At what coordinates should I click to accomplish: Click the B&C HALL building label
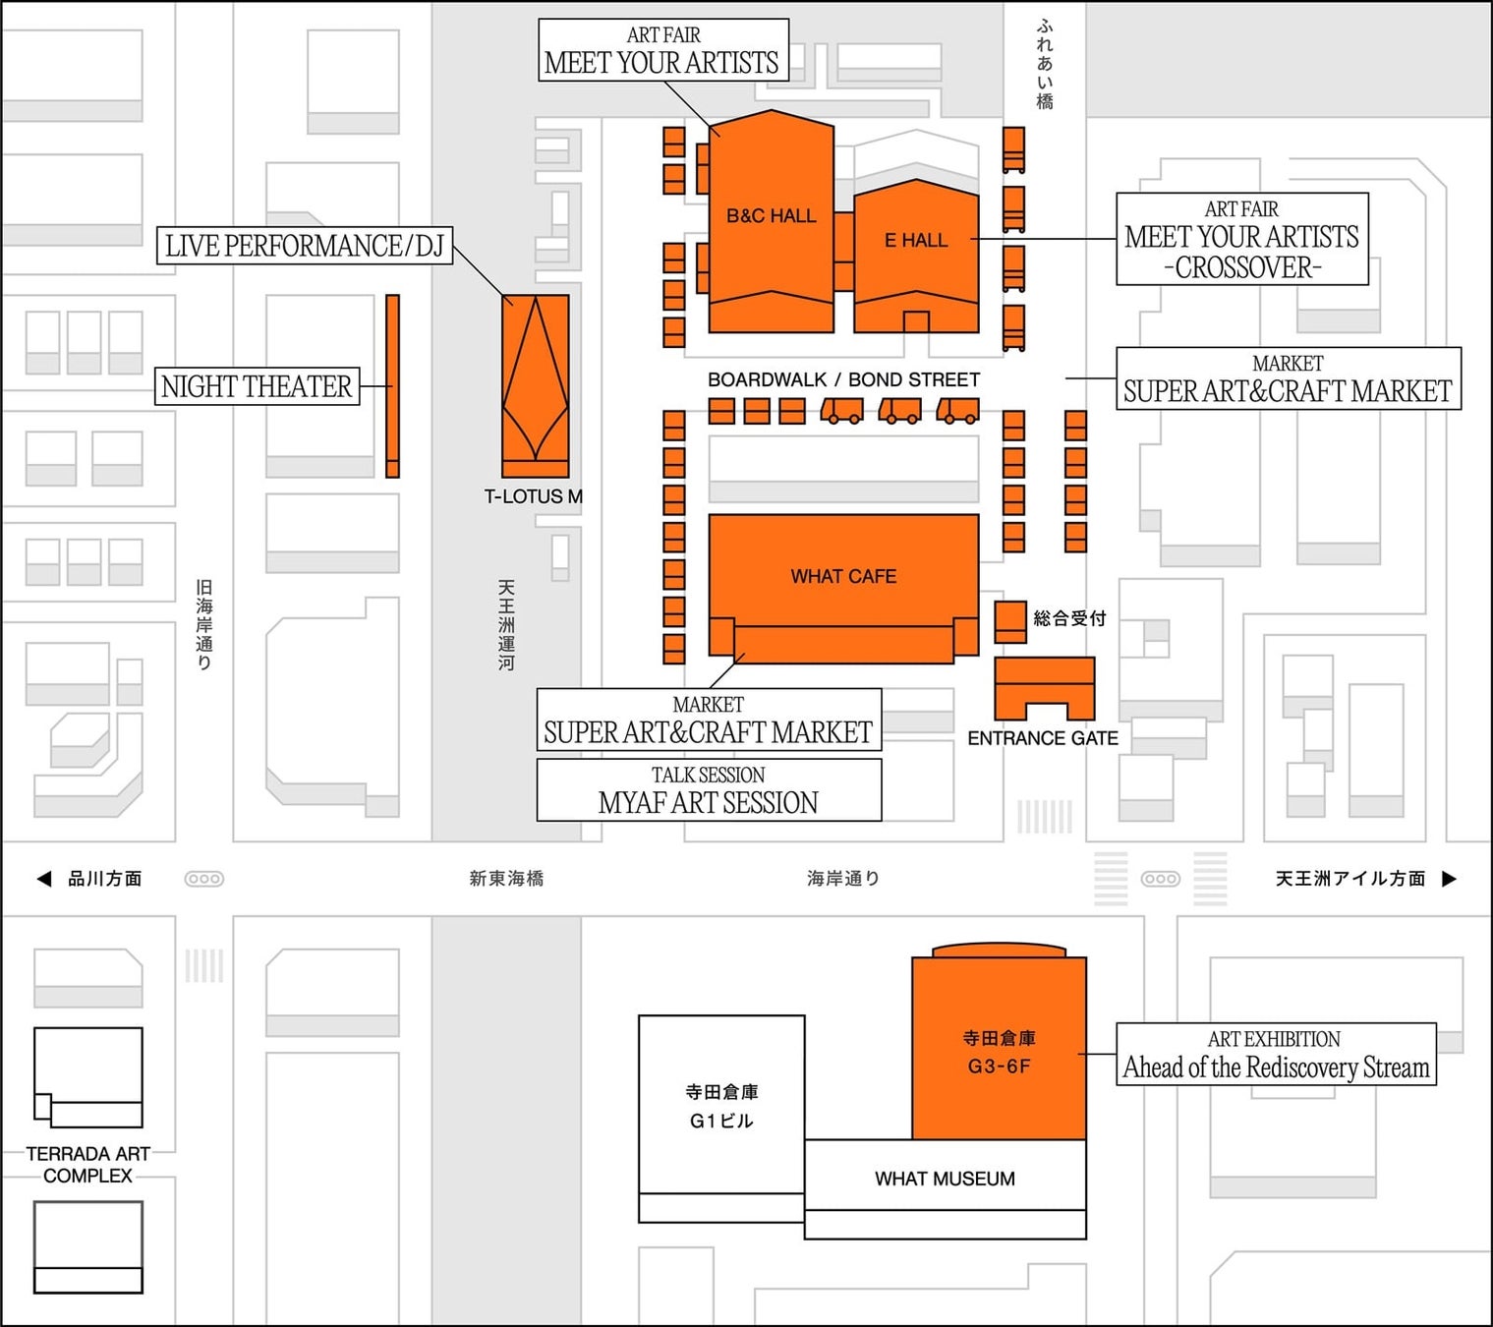coord(771,216)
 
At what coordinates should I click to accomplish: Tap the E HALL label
coord(916,240)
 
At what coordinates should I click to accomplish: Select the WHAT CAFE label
coord(843,576)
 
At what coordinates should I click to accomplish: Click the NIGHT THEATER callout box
coord(258,386)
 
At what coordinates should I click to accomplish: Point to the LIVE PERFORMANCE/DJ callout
coord(305,246)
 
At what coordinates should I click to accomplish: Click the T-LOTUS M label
coord(534,497)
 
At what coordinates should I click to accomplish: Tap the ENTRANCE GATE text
coord(1043,739)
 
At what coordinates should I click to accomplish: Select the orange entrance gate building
coord(1044,688)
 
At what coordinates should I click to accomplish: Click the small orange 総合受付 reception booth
coord(1010,622)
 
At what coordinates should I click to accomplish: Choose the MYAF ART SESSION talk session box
coord(709,790)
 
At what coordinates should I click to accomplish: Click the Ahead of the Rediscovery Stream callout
coord(1277,1054)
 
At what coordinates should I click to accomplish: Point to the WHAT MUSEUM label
coord(945,1179)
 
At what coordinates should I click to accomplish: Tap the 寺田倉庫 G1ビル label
coord(721,1107)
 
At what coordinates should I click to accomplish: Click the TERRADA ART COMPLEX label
coord(87,1165)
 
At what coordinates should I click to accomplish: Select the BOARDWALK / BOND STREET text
coord(843,379)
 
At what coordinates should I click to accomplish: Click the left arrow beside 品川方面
coord(44,879)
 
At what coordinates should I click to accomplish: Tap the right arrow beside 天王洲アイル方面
coord(1450,879)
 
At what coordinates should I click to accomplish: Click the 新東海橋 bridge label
coord(507,879)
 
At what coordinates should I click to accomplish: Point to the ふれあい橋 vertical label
coord(1045,65)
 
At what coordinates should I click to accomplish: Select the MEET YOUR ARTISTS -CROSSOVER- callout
coord(1242,239)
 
